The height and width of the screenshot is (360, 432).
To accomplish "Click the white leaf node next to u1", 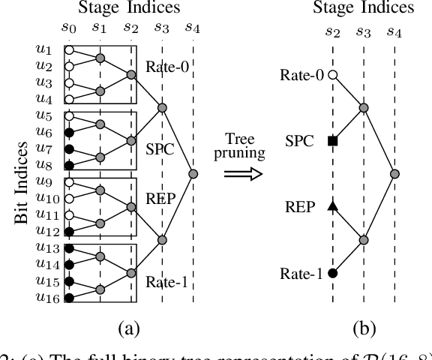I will [x=69, y=50].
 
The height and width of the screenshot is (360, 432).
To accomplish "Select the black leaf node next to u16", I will [x=69, y=298].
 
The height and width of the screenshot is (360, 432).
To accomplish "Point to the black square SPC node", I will [x=332, y=141].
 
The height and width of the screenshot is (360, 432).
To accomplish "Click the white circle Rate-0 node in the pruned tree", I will [x=332, y=75].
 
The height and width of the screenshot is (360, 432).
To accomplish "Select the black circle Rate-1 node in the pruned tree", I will [x=332, y=274].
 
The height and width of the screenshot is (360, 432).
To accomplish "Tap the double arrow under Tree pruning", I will [x=244, y=173].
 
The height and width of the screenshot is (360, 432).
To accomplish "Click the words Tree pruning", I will [x=244, y=147].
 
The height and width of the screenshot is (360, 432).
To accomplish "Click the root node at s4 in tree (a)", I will [x=193, y=174].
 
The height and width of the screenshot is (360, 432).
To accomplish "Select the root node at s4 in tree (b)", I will [x=395, y=174].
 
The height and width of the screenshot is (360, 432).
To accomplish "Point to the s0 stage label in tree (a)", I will [x=69, y=28].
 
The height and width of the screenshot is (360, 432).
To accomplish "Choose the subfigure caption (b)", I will [x=364, y=328].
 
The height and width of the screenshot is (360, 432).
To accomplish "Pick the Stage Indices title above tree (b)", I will [x=363, y=8].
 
